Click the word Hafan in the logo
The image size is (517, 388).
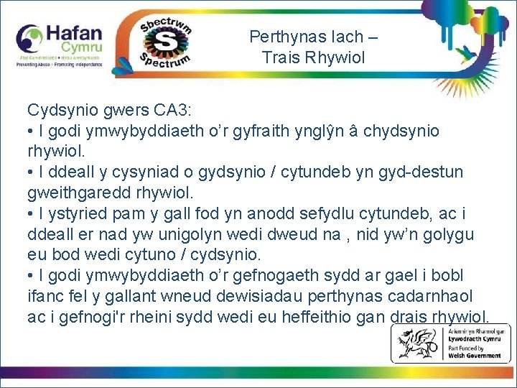click(x=75, y=33)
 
